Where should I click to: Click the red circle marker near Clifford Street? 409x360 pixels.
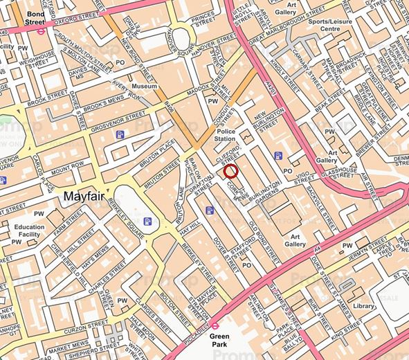tap(230, 171)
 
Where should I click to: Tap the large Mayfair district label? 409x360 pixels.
tap(83, 197)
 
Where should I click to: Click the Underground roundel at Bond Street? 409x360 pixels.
tap(42, 30)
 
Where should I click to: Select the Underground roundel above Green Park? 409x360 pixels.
tap(215, 325)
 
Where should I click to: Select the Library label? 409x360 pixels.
tap(364, 305)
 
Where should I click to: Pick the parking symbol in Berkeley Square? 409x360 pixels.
tap(147, 222)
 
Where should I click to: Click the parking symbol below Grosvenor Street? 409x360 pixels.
tap(120, 134)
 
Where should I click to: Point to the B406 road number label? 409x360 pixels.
tap(168, 105)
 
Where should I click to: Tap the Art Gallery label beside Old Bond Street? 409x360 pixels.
tap(295, 240)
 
